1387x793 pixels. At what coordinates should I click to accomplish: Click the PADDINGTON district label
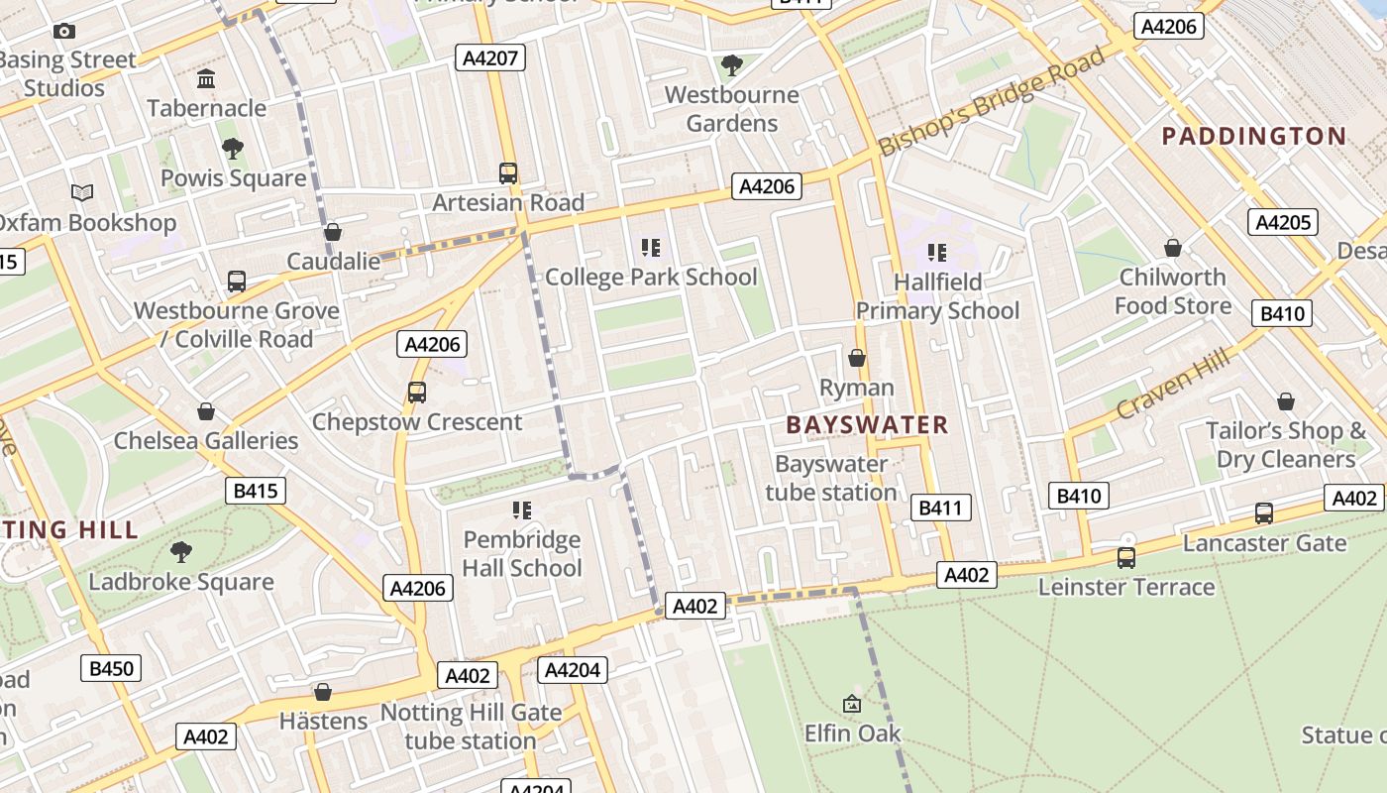tap(1253, 136)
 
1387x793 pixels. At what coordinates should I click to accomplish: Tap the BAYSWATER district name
tap(867, 425)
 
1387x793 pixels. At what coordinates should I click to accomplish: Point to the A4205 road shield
tap(1283, 222)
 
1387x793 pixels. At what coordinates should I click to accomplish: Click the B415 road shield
tap(256, 491)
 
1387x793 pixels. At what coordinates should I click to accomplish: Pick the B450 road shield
tap(111, 668)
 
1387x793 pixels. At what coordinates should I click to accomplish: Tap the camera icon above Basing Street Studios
tap(64, 32)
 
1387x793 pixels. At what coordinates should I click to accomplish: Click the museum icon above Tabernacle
tap(206, 79)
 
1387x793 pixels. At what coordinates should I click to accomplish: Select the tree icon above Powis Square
tap(233, 149)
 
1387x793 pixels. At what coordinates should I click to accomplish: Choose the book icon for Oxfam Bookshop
tap(82, 192)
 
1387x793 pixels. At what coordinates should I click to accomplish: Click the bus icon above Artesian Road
tap(508, 173)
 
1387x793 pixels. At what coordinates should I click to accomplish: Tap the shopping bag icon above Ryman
tap(857, 358)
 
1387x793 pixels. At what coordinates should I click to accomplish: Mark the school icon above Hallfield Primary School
tap(936, 253)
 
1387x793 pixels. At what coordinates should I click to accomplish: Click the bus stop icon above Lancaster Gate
tap(1264, 513)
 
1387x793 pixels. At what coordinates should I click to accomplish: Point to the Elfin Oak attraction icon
tap(852, 704)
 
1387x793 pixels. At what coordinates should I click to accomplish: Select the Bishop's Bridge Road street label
tap(992, 101)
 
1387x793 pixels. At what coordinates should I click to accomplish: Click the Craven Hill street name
tap(1173, 384)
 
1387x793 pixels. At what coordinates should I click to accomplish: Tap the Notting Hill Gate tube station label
tap(471, 727)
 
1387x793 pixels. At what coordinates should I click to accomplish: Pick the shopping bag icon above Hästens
tap(323, 692)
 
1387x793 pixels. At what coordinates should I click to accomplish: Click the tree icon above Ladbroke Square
tap(181, 551)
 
